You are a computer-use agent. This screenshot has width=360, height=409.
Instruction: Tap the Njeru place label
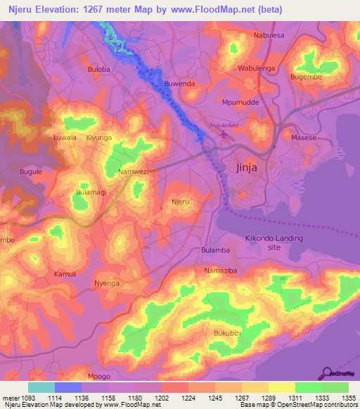(181, 202)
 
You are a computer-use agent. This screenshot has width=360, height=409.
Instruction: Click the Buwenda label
(179, 84)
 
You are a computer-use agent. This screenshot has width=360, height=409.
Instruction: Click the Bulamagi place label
(91, 191)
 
